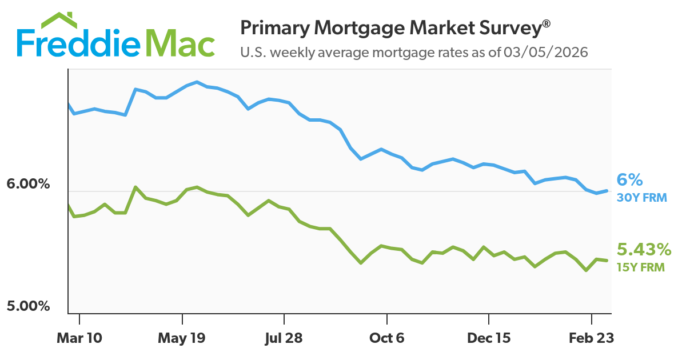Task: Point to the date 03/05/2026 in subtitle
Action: point(545,53)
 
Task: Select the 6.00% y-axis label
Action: point(29,185)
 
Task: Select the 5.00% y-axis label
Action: point(29,306)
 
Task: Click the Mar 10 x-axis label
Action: point(79,338)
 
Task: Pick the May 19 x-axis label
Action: point(182,338)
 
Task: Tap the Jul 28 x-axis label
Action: point(284,338)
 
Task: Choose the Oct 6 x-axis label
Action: point(387,338)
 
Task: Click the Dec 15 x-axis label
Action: point(489,338)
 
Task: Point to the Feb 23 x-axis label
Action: point(591,338)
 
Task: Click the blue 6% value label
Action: point(629,181)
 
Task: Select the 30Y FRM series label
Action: point(641,198)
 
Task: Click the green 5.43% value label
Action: point(644,250)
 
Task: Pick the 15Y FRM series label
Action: point(640,266)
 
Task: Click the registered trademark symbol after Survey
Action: point(547,23)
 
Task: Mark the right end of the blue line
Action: point(606,191)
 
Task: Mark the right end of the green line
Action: point(606,261)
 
